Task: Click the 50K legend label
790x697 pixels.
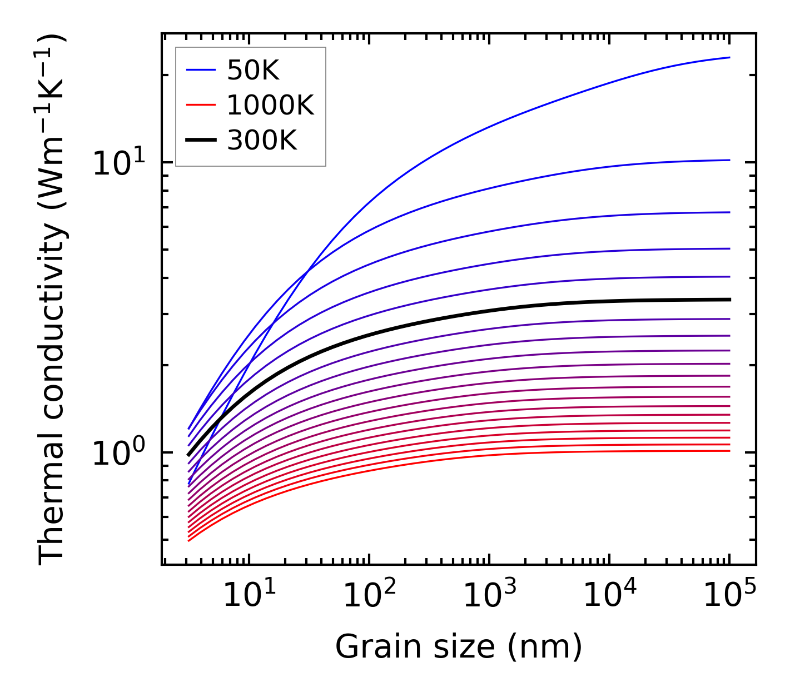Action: point(253,70)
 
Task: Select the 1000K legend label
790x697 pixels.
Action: point(270,105)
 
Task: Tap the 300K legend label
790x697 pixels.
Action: point(262,141)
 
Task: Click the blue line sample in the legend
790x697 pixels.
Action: point(200,70)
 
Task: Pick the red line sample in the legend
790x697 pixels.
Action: point(200,105)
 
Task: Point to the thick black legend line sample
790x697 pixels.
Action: point(200,141)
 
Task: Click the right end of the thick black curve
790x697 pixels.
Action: point(729,300)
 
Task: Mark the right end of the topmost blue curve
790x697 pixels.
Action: point(729,57)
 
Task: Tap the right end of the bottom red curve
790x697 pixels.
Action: point(729,451)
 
